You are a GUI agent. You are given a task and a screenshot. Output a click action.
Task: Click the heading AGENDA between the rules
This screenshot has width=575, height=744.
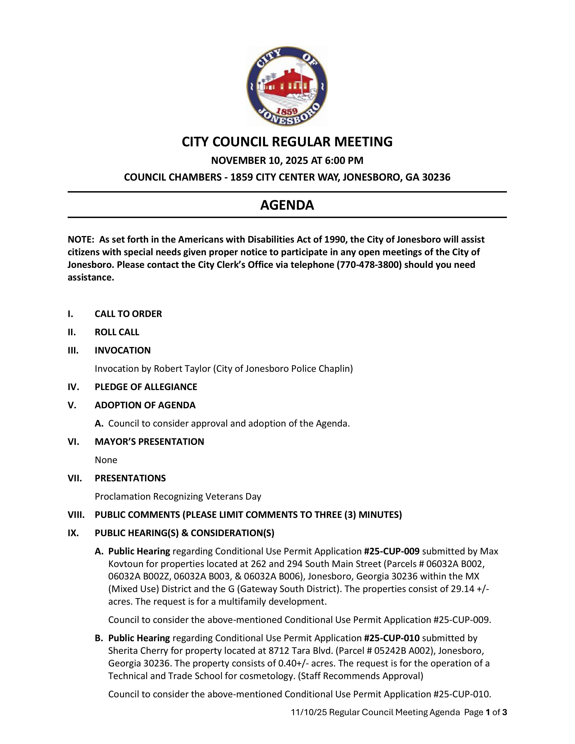[x=287, y=205]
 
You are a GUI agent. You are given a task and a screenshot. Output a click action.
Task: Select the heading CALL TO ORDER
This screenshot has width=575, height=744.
[x=128, y=314]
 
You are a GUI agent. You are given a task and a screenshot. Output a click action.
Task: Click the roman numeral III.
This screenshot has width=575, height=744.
[x=73, y=350]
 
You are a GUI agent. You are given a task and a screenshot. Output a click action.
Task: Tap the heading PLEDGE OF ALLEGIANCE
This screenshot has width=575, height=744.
[x=146, y=387]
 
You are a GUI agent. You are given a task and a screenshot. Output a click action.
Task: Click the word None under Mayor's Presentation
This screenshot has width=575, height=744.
[x=106, y=460]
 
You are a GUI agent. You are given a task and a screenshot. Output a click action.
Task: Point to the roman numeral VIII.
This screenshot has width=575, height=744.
[x=76, y=515]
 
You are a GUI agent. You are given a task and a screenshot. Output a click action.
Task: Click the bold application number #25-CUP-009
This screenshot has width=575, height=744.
[x=391, y=551]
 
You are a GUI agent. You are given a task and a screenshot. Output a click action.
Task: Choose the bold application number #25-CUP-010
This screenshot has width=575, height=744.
[x=391, y=638]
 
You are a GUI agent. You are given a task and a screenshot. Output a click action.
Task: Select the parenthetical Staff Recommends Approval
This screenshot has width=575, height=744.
[x=360, y=676]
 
